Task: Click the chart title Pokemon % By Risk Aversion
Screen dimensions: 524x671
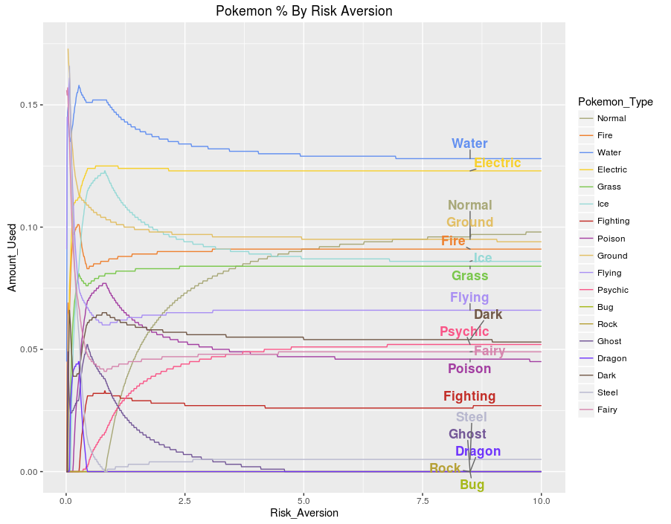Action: (304, 11)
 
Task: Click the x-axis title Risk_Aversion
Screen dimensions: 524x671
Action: (304, 513)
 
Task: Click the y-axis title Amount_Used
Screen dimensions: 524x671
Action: (12, 256)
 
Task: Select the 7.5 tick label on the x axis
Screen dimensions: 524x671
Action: (423, 501)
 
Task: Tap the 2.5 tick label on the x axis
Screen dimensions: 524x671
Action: (184, 501)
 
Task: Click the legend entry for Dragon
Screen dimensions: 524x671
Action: (611, 358)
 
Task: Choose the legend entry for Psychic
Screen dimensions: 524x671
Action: (612, 290)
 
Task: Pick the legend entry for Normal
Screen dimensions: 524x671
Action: (611, 118)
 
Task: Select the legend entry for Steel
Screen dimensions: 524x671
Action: (607, 392)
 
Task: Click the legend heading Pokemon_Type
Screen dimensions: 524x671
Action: (615, 102)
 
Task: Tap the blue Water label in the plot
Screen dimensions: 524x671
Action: (469, 143)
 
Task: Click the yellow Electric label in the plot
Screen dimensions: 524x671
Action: (497, 163)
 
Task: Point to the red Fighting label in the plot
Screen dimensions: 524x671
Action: (469, 396)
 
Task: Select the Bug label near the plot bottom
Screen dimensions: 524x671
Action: (472, 485)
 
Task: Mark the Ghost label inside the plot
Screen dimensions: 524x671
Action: (467, 434)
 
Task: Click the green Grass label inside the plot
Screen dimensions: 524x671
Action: (469, 276)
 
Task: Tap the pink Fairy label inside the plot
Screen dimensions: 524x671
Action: (489, 351)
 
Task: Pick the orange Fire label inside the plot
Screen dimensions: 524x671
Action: (452, 241)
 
